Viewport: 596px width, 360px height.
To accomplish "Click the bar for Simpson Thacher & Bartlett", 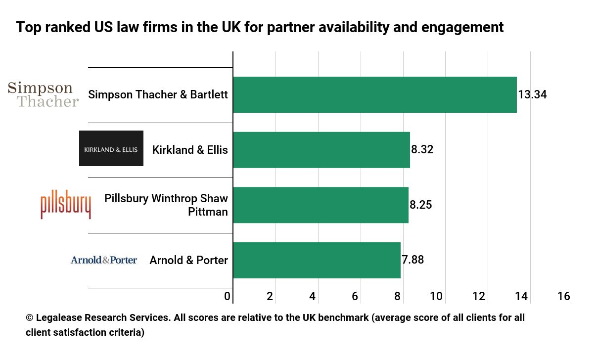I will pos(374,94).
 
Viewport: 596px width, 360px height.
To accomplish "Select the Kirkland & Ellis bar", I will pos(321,150).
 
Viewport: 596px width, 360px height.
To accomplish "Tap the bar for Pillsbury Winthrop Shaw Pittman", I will pos(321,205).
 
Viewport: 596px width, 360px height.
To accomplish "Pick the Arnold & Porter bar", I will pos(317,260).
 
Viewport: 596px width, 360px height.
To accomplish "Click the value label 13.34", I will pos(532,94).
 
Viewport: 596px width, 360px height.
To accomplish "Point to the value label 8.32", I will pos(422,149).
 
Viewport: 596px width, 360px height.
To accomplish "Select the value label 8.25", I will pos(420,205).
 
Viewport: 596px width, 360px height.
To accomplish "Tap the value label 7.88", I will pos(413,260).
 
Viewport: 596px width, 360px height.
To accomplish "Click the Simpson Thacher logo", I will pos(43,94).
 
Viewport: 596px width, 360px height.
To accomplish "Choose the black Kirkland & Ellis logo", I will pos(111,148).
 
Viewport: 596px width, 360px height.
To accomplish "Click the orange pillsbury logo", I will pos(65,205).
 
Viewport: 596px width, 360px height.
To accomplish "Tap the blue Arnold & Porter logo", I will pos(104,260).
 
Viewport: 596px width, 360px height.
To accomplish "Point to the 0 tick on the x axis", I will pos(227,297).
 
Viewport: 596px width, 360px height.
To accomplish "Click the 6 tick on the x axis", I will pos(355,297).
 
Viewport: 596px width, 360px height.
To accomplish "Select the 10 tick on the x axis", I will pos(436,297).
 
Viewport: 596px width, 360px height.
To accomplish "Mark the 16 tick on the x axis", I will pos(563,297).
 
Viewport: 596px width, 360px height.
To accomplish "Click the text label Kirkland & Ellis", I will pos(190,149).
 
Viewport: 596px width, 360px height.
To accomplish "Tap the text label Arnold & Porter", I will pos(188,260).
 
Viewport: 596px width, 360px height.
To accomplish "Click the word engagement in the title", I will pos(462,28).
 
